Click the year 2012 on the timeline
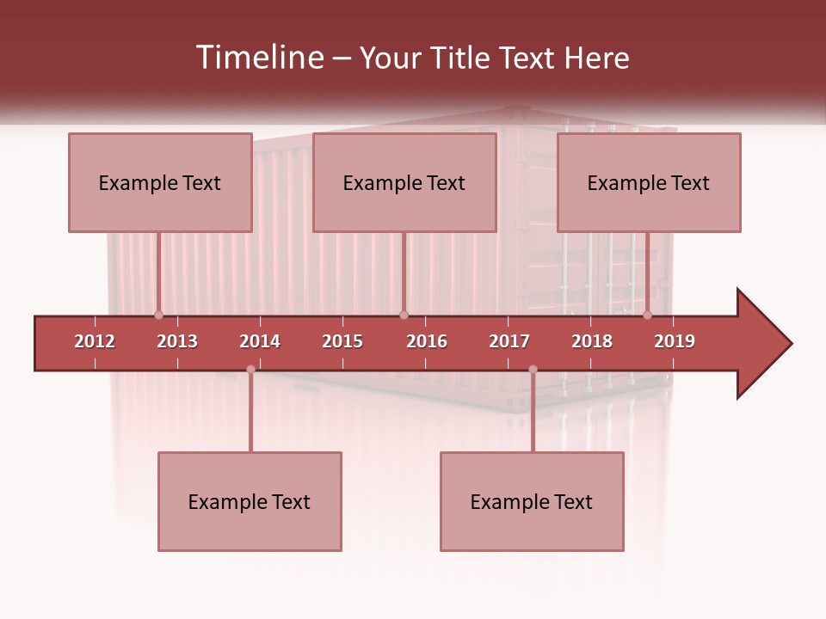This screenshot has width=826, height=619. click(x=95, y=341)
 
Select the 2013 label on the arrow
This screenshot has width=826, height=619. click(x=177, y=341)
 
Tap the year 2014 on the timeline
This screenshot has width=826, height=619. click(x=260, y=341)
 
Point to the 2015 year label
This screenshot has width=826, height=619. click(x=342, y=341)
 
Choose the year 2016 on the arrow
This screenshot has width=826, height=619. click(x=427, y=341)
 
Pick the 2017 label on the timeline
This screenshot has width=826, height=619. click(x=509, y=341)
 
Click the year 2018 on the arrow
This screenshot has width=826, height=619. click(x=592, y=341)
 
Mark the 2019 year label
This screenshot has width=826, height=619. click(x=675, y=341)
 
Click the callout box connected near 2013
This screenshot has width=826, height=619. click(x=160, y=182)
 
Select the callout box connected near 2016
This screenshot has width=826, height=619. click(x=404, y=182)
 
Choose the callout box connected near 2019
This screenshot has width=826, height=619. click(x=649, y=182)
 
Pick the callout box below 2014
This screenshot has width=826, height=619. click(x=250, y=501)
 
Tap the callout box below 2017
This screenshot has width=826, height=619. click(x=532, y=501)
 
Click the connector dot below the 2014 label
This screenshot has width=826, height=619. click(x=250, y=370)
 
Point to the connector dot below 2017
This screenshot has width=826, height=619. click(x=533, y=370)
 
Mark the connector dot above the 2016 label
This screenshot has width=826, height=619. click(x=404, y=316)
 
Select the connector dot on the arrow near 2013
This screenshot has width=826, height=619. click(x=158, y=316)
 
